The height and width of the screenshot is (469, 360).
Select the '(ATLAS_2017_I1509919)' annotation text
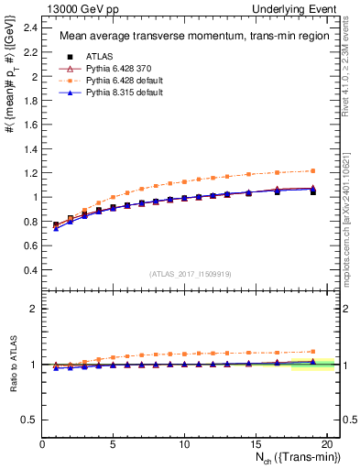(191, 274)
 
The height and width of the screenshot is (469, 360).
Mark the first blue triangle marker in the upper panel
(57, 228)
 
